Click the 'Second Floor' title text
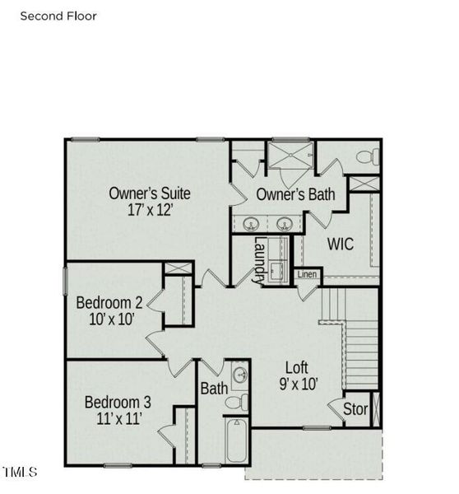tap(58, 16)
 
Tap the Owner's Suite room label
tap(150, 193)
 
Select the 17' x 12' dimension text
tap(150, 210)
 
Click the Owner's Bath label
tap(295, 195)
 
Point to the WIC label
tap(341, 244)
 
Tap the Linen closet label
tap(306, 274)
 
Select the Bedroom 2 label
tap(109, 301)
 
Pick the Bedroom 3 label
tap(118, 403)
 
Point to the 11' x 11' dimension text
tap(118, 418)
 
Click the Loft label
tap(297, 367)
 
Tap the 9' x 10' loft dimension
tap(297, 383)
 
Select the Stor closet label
tap(355, 409)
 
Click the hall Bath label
tap(214, 388)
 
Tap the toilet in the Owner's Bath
tap(367, 156)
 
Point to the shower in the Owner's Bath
tap(290, 157)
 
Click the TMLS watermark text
tap(20, 472)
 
